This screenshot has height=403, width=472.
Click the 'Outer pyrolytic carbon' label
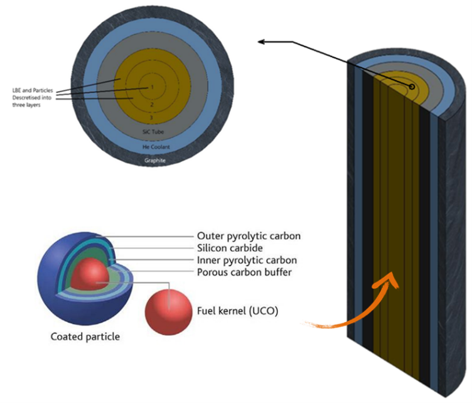248,237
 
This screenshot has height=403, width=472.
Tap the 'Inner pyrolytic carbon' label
247,260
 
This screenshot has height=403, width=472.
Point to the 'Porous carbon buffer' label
244,272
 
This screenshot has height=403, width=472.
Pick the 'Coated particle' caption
85,336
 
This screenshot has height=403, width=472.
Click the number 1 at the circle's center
151,87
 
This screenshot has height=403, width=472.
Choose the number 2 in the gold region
151,105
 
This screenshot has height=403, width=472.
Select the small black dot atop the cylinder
412,86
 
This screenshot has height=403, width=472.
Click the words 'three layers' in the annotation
25,105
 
